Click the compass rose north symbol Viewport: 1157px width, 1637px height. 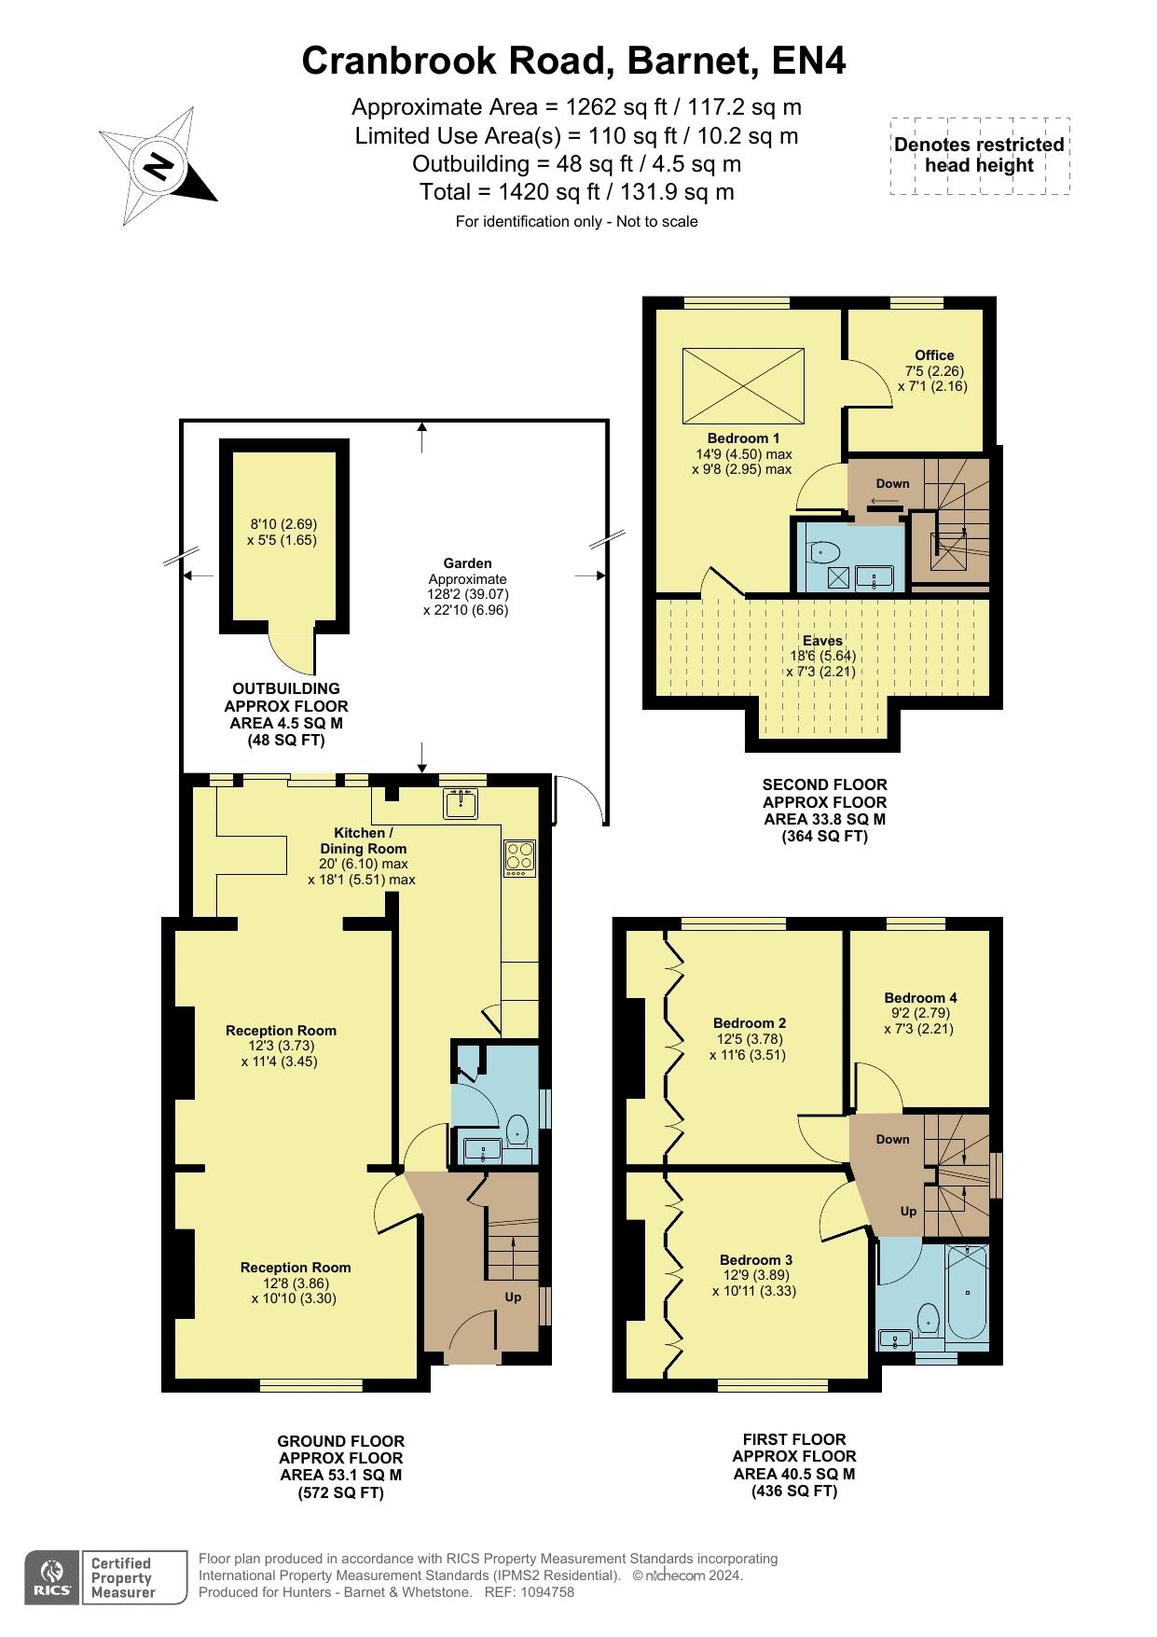[x=158, y=166]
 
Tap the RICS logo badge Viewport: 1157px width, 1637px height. [x=51, y=1577]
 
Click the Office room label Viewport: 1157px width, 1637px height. [x=934, y=355]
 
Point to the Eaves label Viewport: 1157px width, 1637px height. [x=822, y=641]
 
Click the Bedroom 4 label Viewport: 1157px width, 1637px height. [x=920, y=997]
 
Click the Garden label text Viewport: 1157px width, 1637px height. [x=467, y=563]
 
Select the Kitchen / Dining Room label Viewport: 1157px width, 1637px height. [x=363, y=840]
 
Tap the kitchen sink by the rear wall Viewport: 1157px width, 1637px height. [x=461, y=803]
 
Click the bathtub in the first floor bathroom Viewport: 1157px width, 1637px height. [x=967, y=1295]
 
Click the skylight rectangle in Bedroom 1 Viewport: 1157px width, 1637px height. [x=743, y=386]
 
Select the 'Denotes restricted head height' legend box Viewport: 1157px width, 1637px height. [x=979, y=156]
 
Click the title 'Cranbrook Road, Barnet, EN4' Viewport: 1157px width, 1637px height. [x=574, y=62]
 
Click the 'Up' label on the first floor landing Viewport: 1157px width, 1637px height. [x=908, y=1211]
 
